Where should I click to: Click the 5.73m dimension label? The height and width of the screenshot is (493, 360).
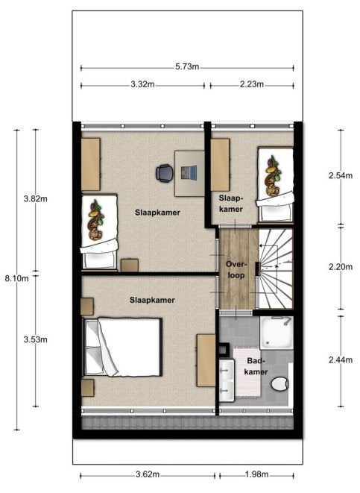[187, 67]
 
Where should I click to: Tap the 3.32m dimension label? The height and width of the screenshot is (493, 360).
[142, 84]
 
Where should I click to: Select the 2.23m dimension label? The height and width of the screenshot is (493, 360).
[252, 84]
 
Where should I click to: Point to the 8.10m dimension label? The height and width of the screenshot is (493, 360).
[17, 278]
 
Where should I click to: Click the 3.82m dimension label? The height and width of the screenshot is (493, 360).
[36, 198]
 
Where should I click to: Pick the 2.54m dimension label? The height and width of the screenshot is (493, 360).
[341, 176]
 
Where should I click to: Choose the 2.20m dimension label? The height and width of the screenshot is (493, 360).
[341, 267]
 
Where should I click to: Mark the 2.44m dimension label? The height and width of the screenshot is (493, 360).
[341, 360]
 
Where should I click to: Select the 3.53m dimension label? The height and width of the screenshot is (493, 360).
[36, 339]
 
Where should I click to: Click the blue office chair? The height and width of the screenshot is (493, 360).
[165, 173]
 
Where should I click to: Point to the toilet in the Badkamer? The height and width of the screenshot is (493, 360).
[280, 384]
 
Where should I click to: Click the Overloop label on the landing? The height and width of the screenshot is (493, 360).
[236, 270]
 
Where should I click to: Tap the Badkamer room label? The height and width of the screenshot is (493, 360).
[256, 366]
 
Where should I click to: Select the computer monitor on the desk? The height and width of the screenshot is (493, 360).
[189, 172]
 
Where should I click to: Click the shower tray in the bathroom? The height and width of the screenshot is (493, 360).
[277, 333]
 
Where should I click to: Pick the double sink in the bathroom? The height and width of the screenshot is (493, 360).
[227, 380]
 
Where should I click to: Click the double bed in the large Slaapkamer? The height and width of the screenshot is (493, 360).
[122, 347]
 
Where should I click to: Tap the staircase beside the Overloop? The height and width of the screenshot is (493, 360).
[276, 269]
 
